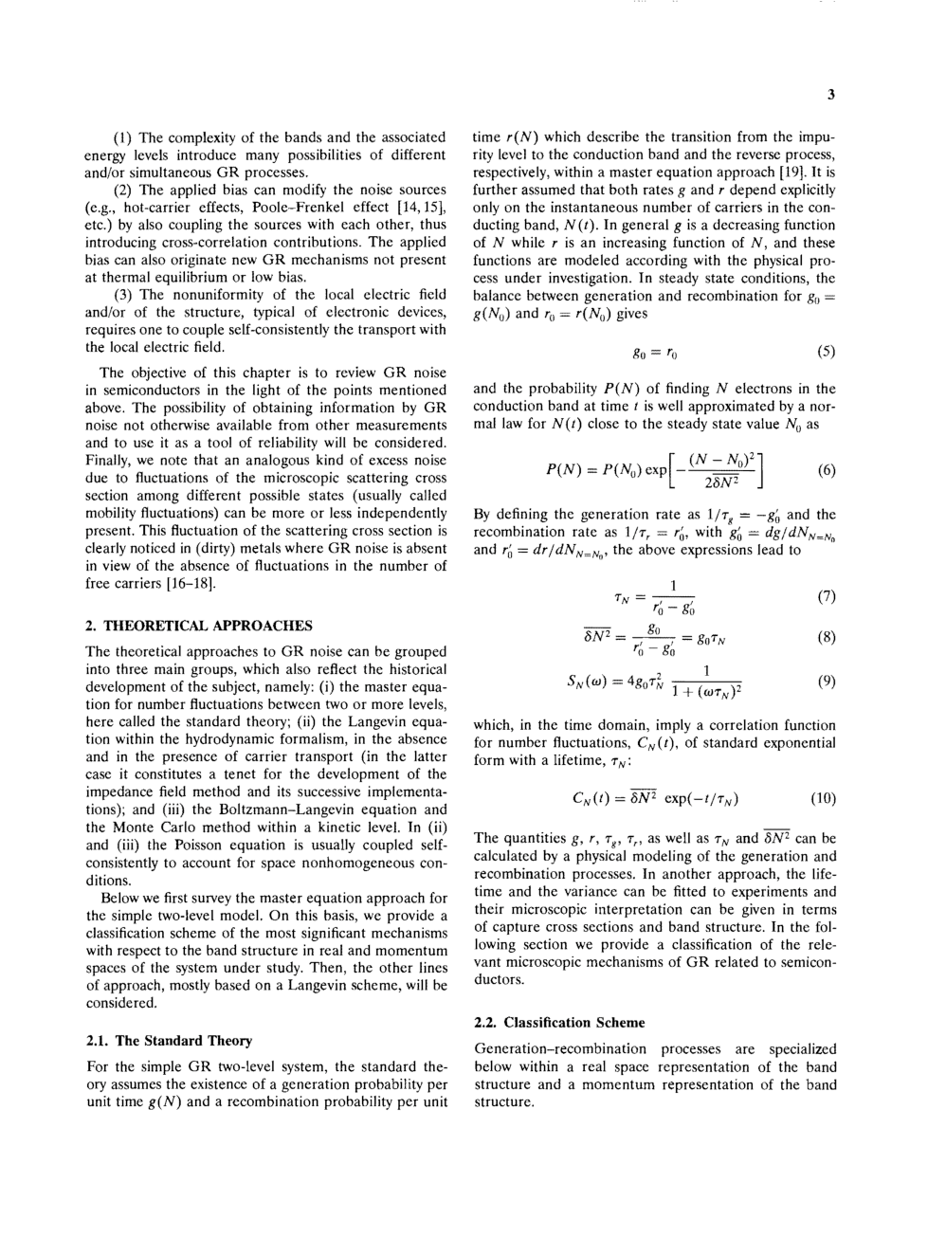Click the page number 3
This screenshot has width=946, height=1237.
click(x=830, y=94)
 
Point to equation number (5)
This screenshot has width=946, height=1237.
click(x=826, y=352)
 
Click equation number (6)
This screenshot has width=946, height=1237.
click(x=826, y=470)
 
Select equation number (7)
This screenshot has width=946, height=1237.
click(x=826, y=596)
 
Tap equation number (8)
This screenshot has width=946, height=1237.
click(x=826, y=637)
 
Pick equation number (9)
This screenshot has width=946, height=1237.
click(x=826, y=680)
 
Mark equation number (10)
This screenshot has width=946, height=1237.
click(x=823, y=797)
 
